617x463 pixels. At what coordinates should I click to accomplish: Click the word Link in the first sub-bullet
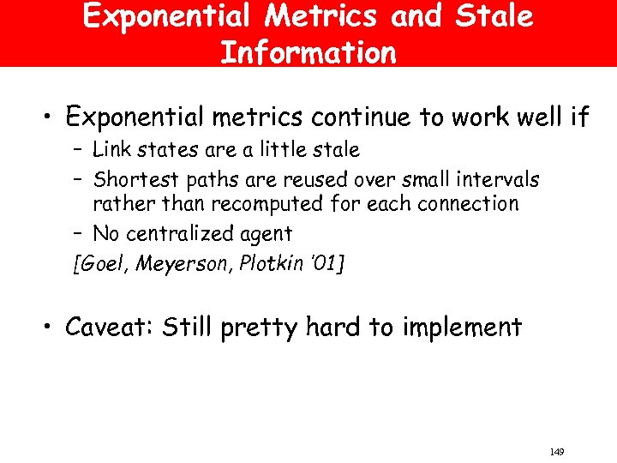click(109, 150)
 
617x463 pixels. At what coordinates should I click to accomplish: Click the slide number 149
click(557, 451)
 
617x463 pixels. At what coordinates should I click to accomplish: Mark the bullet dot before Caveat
click(51, 328)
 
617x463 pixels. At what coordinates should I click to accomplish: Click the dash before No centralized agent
click(79, 234)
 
